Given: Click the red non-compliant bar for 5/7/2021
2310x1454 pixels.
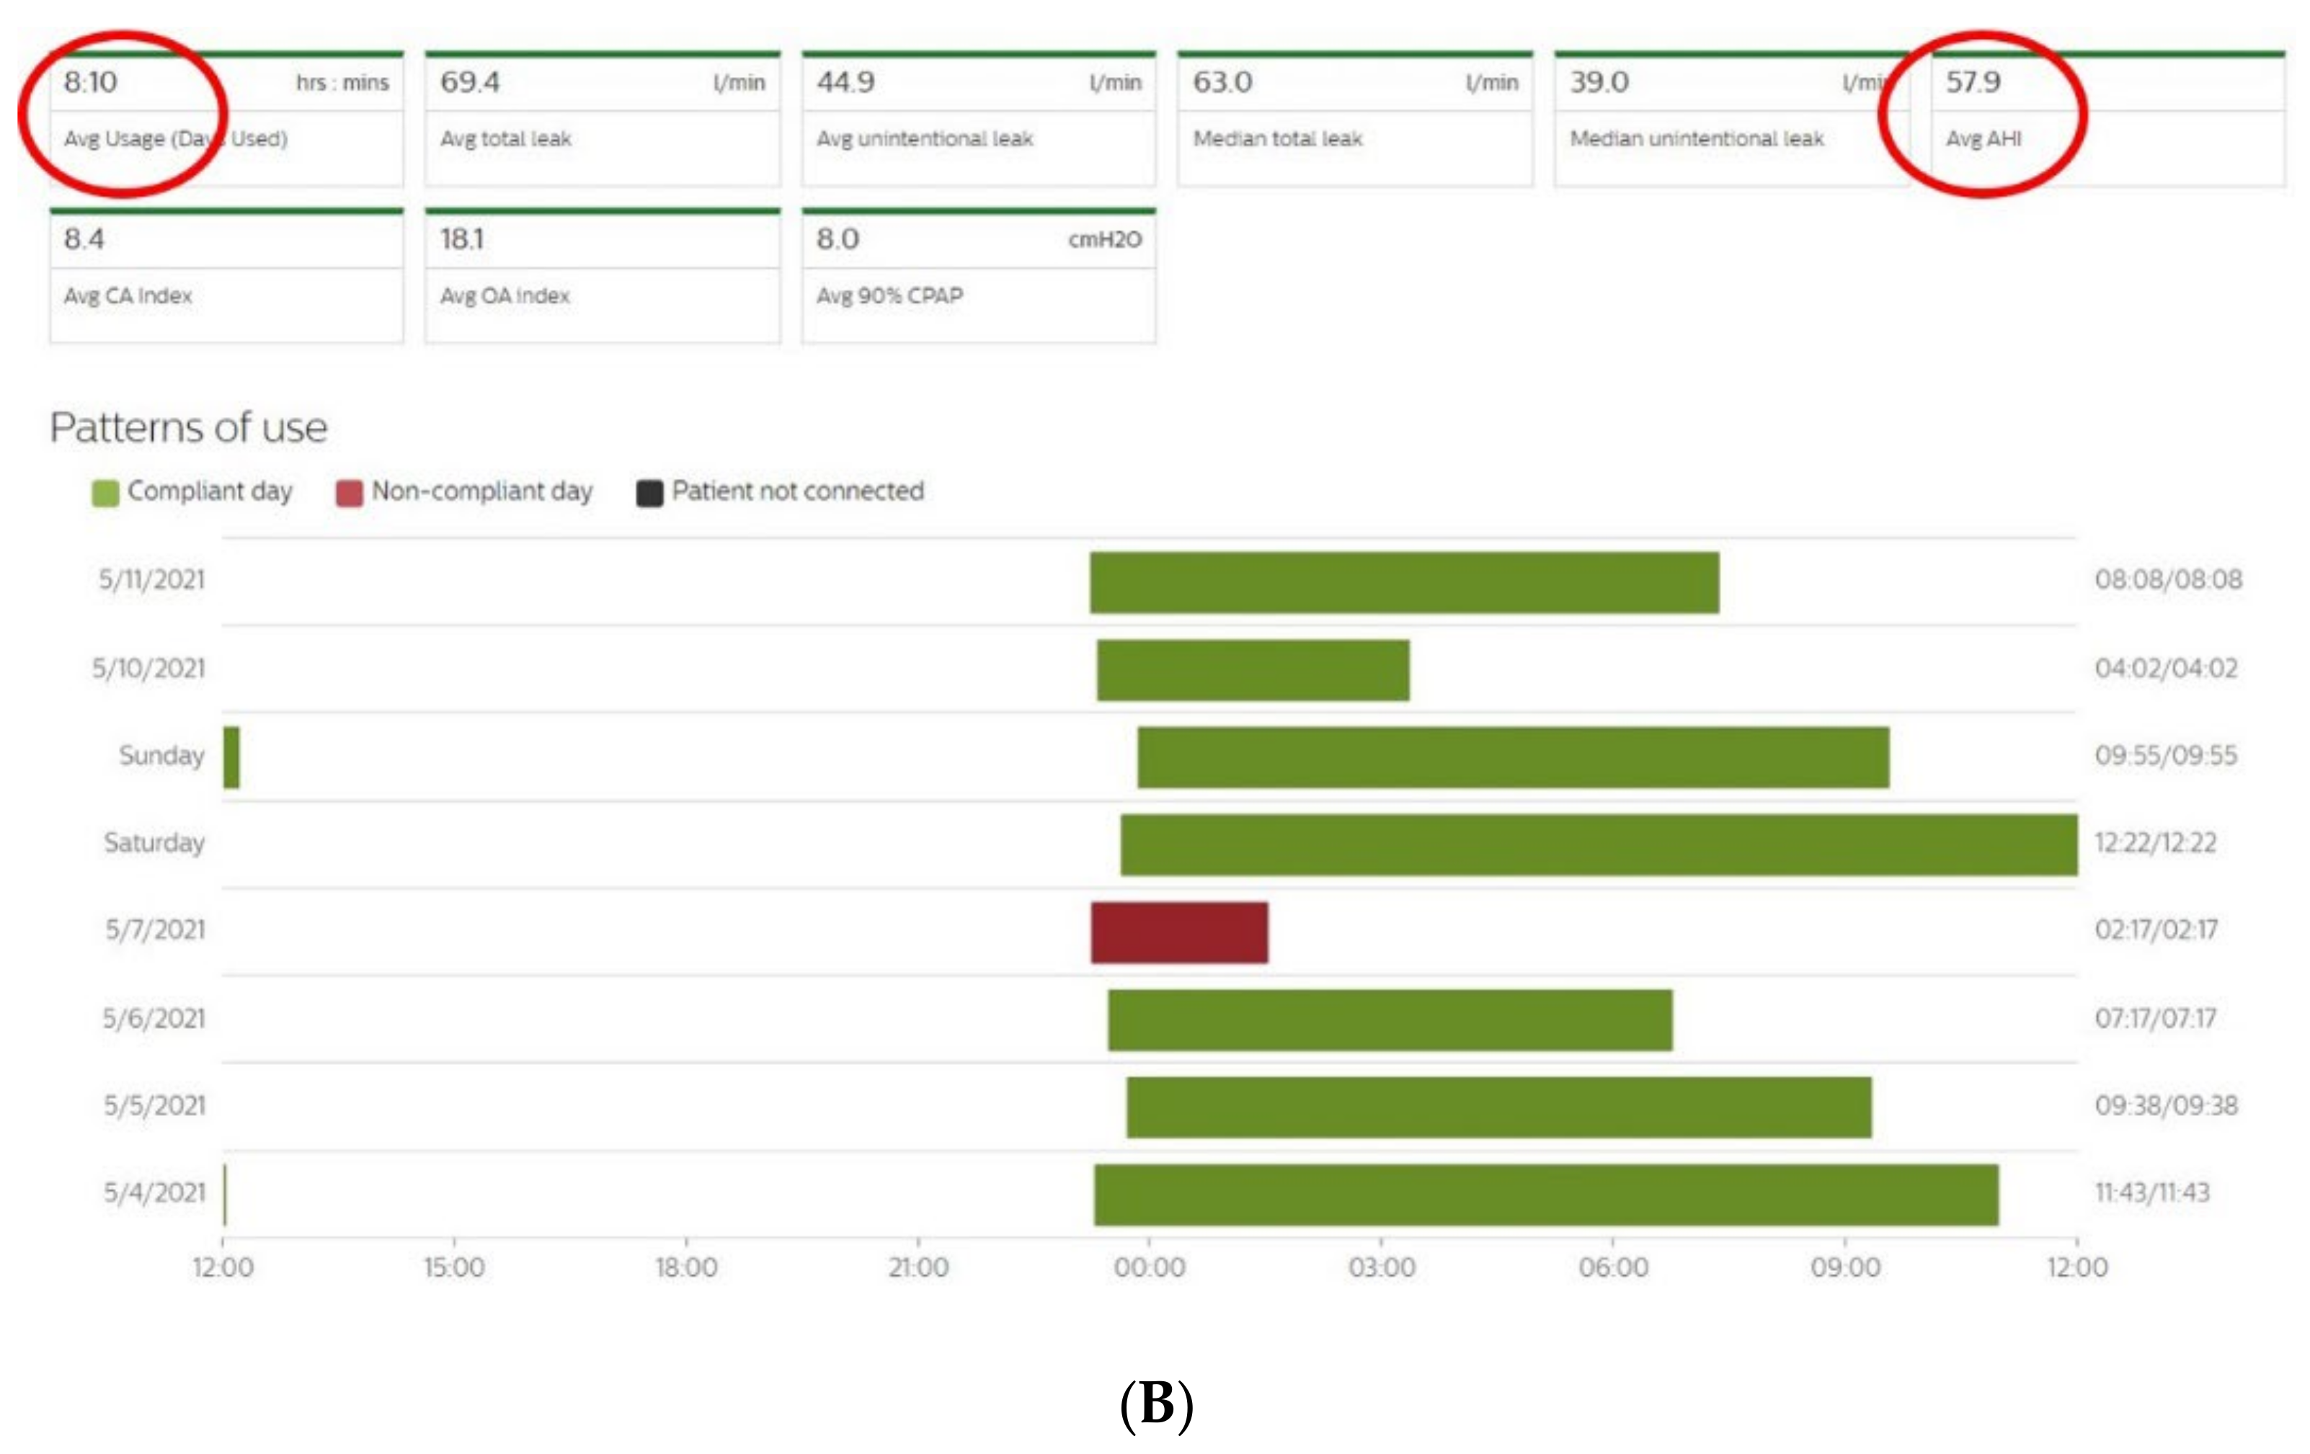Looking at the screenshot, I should coord(1179,932).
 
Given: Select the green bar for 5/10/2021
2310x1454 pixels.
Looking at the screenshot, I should coord(1253,670).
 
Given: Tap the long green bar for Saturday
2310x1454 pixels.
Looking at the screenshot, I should coord(1598,845).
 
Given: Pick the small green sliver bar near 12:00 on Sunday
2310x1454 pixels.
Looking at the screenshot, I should coord(231,758).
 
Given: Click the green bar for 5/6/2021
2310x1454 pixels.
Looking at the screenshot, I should coord(1390,1020).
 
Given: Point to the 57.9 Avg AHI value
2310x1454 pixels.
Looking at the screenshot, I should coord(1972,82).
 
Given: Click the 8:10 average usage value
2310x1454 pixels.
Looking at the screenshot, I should coord(90,82).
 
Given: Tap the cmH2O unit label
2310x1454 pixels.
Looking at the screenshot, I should coord(1104,240).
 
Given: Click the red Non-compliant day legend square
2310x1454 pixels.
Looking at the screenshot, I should coord(349,493).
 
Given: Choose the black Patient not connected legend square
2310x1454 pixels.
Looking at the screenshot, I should coord(649,493).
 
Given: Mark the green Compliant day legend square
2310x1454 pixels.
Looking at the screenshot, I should coord(105,493).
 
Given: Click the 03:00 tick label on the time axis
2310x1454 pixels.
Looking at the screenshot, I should coord(1382,1268).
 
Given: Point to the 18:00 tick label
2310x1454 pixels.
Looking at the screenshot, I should coord(686,1268).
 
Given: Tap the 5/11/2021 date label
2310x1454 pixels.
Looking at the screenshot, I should coord(151,580).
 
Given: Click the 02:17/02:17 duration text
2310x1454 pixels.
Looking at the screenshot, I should coord(2156,930).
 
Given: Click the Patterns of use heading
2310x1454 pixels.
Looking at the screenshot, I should coord(189,428).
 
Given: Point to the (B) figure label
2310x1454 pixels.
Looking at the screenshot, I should coord(1156,1405).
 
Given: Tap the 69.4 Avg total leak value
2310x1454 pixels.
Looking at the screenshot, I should coord(470,82).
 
